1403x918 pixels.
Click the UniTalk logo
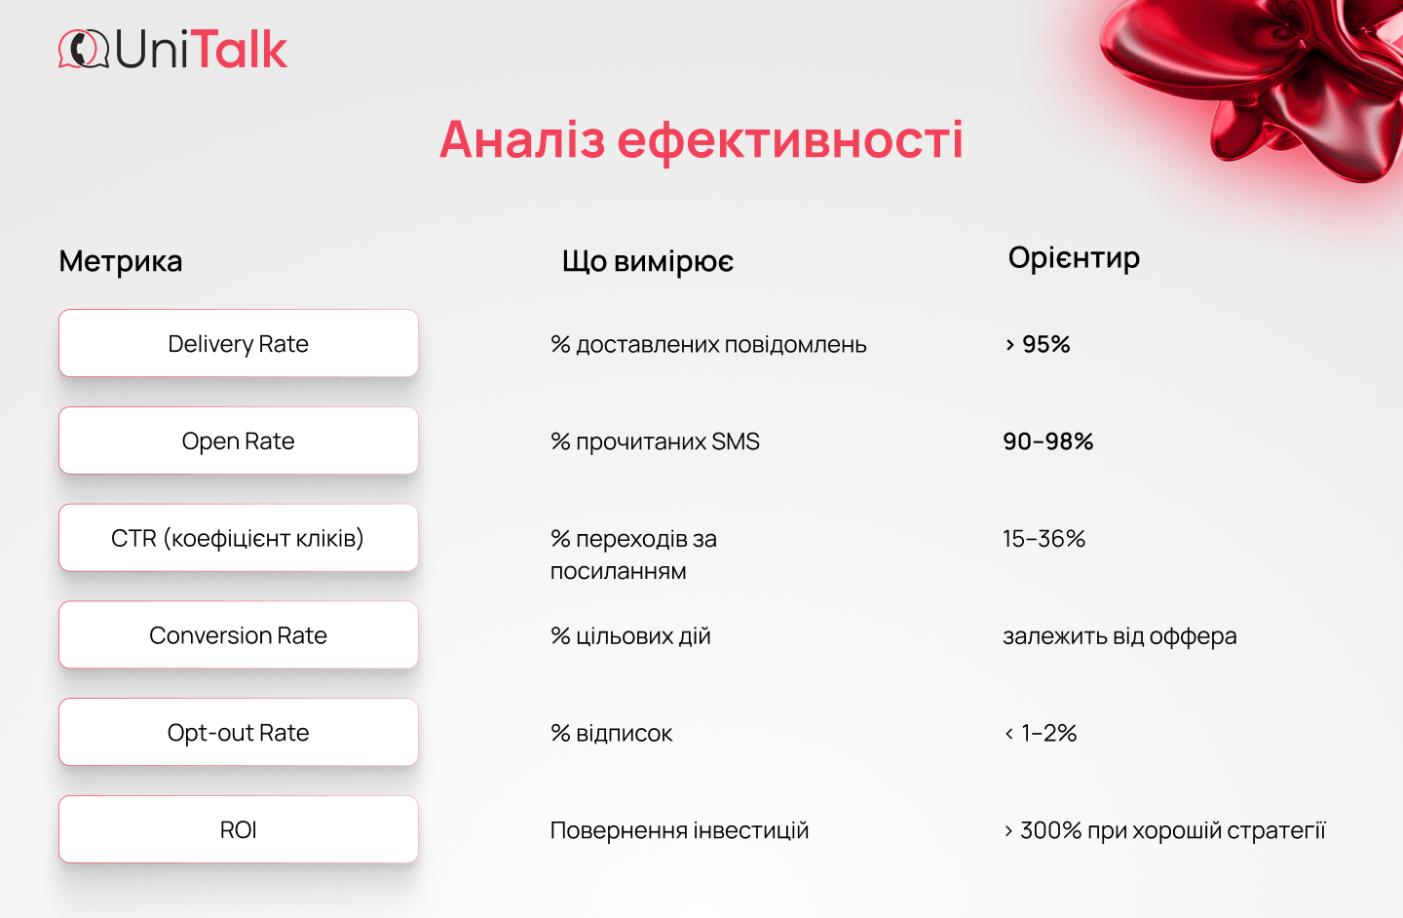click(x=173, y=50)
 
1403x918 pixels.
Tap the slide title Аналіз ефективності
click(x=701, y=139)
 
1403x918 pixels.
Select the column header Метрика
click(x=121, y=261)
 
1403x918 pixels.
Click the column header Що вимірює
click(x=648, y=261)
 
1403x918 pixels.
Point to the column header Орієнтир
click(x=1074, y=258)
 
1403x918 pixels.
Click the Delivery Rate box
click(x=239, y=343)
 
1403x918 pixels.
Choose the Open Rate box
click(x=239, y=440)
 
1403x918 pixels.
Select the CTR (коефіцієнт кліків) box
click(x=239, y=538)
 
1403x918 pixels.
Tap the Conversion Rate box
click(x=239, y=635)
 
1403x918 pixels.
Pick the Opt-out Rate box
click(x=239, y=733)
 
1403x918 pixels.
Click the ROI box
click(x=239, y=830)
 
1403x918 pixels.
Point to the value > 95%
click(x=1038, y=344)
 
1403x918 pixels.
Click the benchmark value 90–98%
click(x=1048, y=441)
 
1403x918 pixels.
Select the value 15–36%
click(x=1043, y=539)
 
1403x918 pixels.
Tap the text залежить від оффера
click(x=1119, y=636)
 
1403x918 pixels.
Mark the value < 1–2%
click(x=1041, y=734)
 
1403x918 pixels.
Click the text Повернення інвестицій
click(x=679, y=830)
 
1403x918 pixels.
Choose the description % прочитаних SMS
click(x=655, y=441)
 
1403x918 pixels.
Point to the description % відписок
click(x=612, y=734)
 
